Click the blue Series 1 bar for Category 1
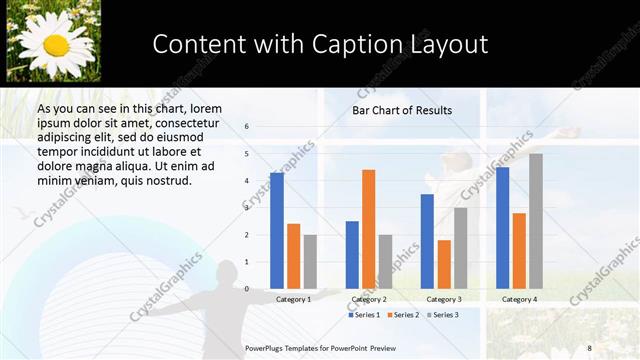click(277, 231)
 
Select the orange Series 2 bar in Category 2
click(368, 229)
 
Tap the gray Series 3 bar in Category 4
click(536, 221)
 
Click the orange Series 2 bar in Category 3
click(444, 264)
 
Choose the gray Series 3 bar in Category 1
click(310, 262)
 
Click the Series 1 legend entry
click(364, 315)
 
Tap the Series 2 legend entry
click(402, 315)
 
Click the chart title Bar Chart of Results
click(402, 110)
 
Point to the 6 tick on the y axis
click(246, 127)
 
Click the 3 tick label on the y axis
click(246, 208)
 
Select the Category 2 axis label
click(369, 299)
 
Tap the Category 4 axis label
click(519, 299)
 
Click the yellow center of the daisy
click(56, 45)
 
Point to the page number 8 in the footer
click(590, 346)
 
